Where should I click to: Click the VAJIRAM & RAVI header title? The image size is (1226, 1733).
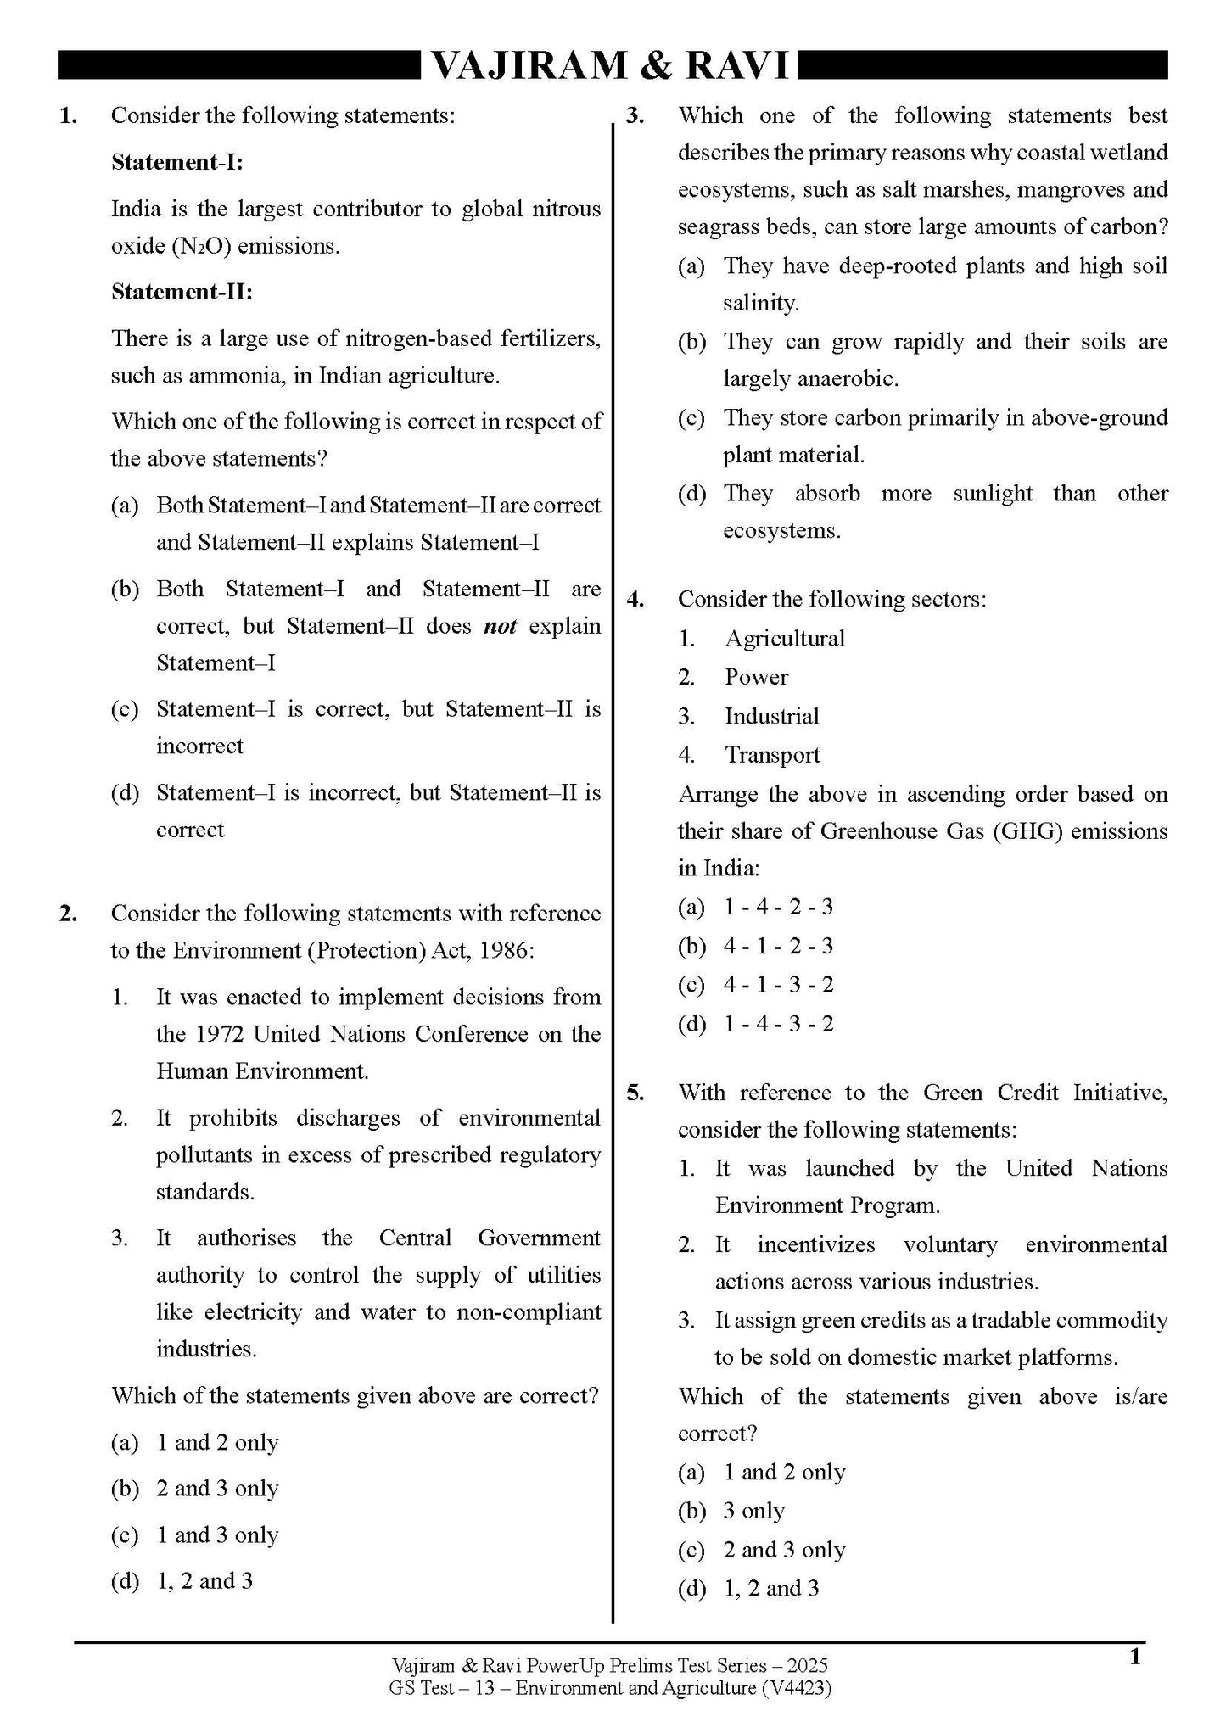[x=612, y=65]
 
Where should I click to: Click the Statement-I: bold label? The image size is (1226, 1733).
[x=177, y=162]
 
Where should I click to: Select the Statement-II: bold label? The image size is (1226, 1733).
[x=182, y=292]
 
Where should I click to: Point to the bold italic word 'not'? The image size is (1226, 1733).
[x=500, y=626]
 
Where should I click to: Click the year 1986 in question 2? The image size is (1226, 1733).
[x=504, y=950]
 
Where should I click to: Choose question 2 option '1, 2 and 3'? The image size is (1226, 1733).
[x=204, y=1580]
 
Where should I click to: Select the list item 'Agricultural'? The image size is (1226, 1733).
[x=785, y=638]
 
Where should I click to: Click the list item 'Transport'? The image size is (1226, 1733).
[x=772, y=754]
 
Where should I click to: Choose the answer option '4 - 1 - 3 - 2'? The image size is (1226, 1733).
[x=778, y=984]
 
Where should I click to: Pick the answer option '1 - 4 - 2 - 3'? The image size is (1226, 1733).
[x=778, y=907]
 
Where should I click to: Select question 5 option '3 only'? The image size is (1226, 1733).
[x=753, y=1511]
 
